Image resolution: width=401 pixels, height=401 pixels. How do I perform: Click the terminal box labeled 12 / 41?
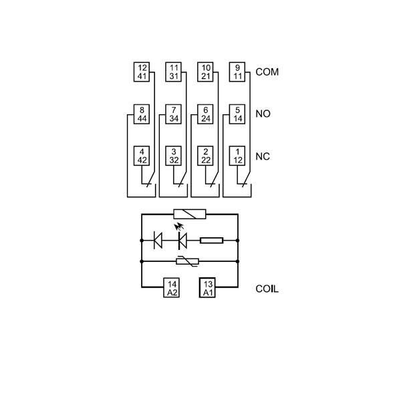click(x=142, y=72)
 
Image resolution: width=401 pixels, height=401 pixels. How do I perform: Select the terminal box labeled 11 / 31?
click(x=174, y=72)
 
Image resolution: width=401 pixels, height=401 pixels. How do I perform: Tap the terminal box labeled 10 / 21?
click(x=206, y=72)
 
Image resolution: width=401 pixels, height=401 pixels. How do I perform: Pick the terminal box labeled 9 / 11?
click(x=237, y=72)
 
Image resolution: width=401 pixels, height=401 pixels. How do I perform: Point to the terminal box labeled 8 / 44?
click(x=142, y=114)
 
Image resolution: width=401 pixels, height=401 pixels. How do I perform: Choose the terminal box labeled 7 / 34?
click(x=174, y=114)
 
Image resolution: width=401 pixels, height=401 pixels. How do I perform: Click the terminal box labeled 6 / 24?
click(x=206, y=114)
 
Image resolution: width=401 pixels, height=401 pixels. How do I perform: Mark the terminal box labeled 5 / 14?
click(x=237, y=114)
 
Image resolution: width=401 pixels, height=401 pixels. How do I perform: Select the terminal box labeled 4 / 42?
click(x=142, y=156)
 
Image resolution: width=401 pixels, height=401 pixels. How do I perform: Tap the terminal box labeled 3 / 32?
click(x=174, y=156)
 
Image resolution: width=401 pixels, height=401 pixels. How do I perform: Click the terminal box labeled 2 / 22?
click(x=206, y=156)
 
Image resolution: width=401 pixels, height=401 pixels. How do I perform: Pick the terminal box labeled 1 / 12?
click(x=237, y=156)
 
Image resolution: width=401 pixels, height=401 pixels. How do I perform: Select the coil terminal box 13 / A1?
click(x=207, y=289)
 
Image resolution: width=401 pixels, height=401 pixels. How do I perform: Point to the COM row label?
click(x=267, y=72)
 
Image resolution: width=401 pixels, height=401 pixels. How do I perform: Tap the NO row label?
click(x=263, y=114)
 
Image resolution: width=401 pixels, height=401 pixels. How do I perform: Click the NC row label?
click(x=263, y=156)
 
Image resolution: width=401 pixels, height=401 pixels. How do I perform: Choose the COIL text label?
click(x=267, y=289)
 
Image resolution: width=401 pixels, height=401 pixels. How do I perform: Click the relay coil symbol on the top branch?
click(x=190, y=215)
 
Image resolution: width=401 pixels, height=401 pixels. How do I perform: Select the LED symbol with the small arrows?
click(x=181, y=239)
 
